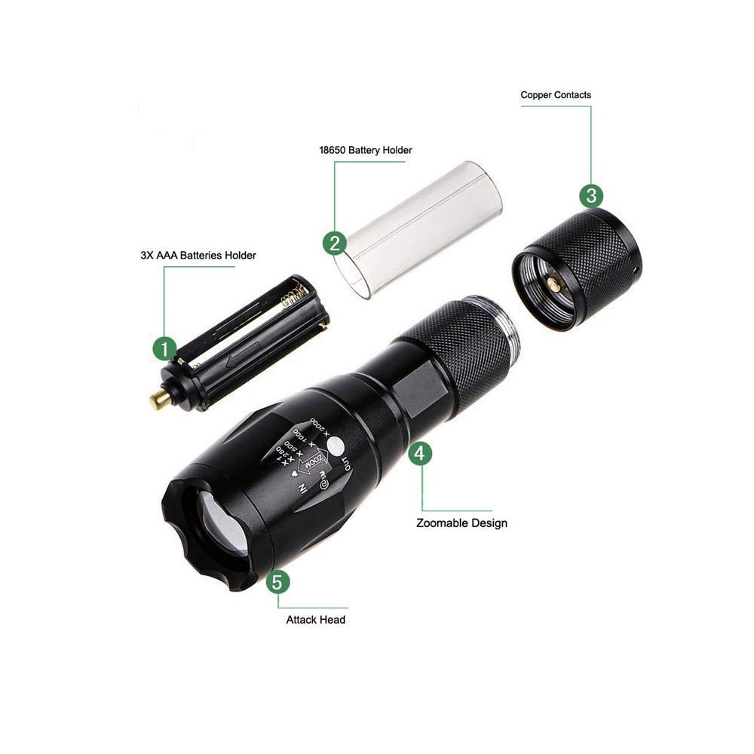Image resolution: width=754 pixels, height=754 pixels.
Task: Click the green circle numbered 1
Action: click(x=164, y=348)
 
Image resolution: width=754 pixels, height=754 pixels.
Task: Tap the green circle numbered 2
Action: click(x=334, y=243)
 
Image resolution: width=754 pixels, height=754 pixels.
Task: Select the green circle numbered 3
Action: click(x=591, y=195)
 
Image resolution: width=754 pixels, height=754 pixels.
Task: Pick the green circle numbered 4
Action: click(x=421, y=452)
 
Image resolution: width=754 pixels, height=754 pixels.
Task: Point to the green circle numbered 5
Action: click(x=278, y=582)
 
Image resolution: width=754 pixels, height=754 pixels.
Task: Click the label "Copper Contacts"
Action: click(x=556, y=95)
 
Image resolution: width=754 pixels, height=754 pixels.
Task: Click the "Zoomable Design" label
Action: click(x=461, y=523)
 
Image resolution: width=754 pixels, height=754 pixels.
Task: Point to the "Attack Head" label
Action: click(x=315, y=619)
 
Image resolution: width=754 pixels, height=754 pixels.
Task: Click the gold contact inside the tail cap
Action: click(x=555, y=284)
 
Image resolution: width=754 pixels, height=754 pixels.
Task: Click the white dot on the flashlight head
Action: click(x=332, y=445)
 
